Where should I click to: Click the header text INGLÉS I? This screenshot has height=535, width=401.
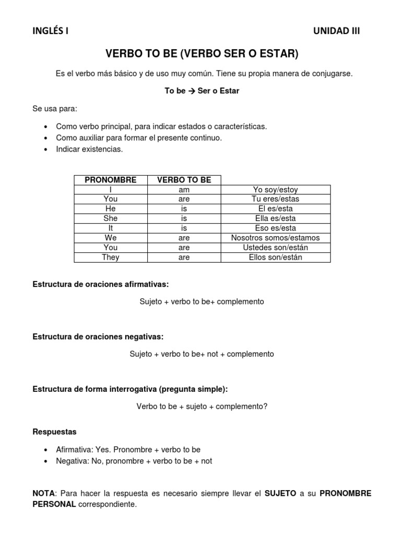pos(50,31)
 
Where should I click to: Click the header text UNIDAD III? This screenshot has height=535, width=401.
pos(336,31)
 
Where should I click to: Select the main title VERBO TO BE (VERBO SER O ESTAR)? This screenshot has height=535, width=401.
pos(202,54)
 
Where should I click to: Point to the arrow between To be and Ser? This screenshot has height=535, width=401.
pos(192,91)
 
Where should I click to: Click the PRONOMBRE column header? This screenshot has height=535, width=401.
pos(111,180)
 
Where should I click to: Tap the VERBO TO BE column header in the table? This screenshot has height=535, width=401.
pos(184,180)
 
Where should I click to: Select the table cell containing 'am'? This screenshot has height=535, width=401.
pos(184,190)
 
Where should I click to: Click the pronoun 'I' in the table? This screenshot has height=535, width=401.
pos(111,190)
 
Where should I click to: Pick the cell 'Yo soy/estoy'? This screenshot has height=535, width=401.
pos(275,190)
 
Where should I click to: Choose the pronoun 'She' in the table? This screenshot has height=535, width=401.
pos(111,218)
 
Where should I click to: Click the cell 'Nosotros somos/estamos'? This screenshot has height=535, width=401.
pos(275,238)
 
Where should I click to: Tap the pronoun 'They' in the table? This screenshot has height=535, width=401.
pos(111,257)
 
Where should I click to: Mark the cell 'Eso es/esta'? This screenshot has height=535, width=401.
pos(275,228)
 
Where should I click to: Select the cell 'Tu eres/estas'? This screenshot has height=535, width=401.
pos(275,199)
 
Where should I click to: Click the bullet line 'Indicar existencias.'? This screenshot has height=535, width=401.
pos(89,149)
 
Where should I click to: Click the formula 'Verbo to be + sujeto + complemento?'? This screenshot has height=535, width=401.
pos(202,406)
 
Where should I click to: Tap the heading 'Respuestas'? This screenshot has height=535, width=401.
pos(54,432)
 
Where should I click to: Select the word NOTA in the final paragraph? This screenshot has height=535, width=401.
pos(43,494)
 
